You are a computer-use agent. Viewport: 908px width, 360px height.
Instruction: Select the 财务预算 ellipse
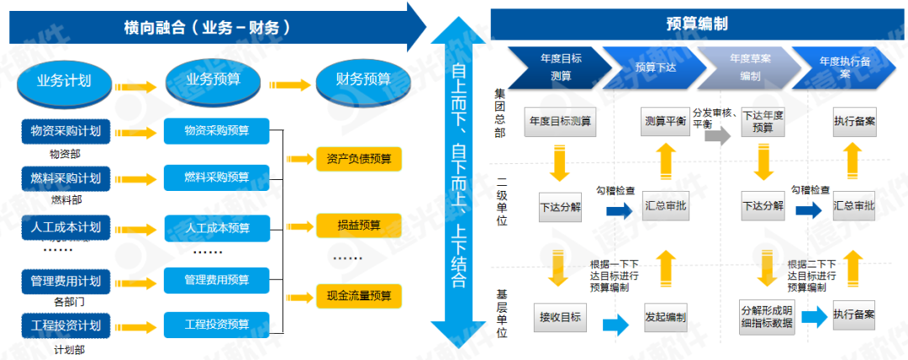363,81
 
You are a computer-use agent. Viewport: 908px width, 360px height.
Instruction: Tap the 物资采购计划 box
66,131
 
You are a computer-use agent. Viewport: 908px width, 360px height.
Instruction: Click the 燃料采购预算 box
217,177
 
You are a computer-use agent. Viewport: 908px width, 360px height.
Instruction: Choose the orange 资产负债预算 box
359,159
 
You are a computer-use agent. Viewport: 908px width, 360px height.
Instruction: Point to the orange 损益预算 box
359,226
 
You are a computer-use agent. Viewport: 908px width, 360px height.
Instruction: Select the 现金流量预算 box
359,296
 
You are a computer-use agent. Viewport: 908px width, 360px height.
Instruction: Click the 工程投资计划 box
66,326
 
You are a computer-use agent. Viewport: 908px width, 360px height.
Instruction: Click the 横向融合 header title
206,28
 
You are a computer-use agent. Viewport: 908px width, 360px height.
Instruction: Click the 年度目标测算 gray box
560,122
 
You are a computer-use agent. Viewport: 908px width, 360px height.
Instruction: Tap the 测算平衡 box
664,122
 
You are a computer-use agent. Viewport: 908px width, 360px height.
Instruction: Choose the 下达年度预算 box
763,122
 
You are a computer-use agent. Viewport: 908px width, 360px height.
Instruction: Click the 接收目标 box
560,316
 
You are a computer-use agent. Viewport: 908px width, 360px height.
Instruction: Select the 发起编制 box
664,316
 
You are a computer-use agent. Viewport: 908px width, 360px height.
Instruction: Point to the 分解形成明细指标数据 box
765,316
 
